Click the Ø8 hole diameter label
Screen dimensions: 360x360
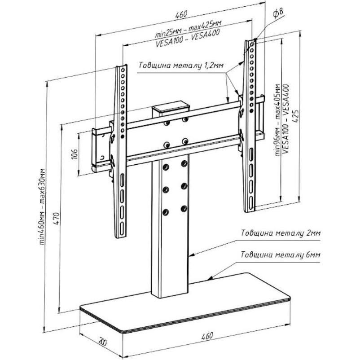[278, 13]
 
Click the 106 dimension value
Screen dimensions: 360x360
[75, 154]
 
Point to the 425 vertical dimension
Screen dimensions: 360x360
[296, 116]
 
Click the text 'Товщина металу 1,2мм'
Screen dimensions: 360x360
[181, 66]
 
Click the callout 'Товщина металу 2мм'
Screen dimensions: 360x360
[281, 233]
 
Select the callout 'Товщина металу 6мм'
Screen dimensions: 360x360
[281, 255]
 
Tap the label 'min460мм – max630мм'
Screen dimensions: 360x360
[42, 206]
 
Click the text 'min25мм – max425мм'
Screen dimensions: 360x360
[188, 28]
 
